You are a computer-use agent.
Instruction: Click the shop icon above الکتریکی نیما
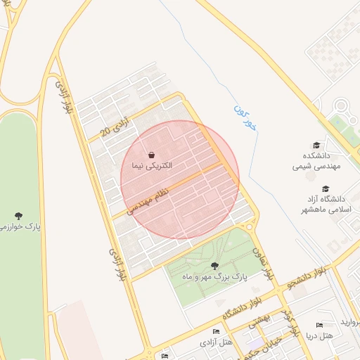click(152, 155)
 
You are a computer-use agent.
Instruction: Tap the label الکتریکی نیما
click(152, 166)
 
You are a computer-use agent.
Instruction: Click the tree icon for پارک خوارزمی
click(19, 215)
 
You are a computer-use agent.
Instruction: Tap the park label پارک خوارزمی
click(21, 226)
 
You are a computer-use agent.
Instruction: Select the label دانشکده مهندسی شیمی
click(316, 161)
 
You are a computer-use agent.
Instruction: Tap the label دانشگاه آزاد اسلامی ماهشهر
click(326, 205)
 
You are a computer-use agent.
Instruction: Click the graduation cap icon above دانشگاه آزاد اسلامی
click(326, 188)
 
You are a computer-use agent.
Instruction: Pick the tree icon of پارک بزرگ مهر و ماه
click(214, 265)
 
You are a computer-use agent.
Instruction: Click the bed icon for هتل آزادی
click(216, 331)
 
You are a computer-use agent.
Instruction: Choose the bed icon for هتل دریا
click(320, 326)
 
